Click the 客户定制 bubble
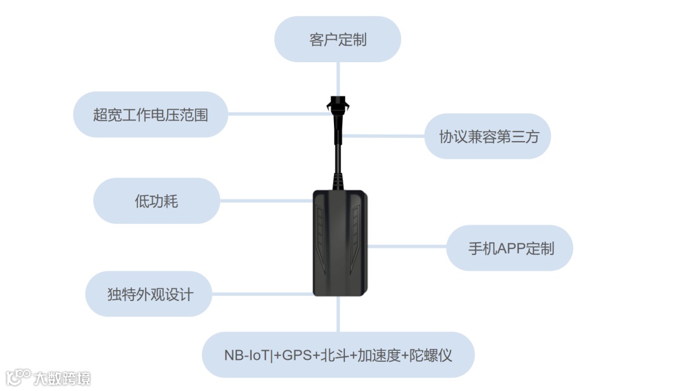point(338,39)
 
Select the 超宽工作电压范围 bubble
point(150,115)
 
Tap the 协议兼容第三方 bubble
point(487,137)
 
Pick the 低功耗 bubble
point(156,201)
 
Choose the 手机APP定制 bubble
point(510,248)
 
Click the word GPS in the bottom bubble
point(296,355)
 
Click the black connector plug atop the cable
point(337,106)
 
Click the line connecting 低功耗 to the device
point(265,201)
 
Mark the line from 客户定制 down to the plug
point(338,78)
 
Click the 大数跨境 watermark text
point(62,378)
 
